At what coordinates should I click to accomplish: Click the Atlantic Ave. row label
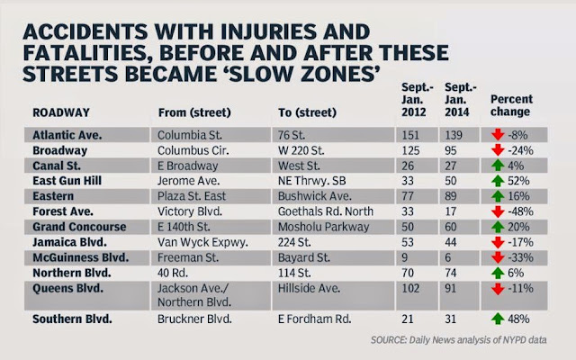click(67, 135)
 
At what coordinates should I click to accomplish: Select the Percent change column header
click(511, 105)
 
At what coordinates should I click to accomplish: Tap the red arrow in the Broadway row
click(498, 150)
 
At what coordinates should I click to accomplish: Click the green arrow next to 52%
click(498, 181)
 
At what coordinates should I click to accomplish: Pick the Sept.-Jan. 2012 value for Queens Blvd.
click(410, 288)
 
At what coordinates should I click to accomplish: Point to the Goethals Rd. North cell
click(326, 211)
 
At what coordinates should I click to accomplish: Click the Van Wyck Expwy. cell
click(202, 242)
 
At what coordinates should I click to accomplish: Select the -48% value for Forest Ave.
click(520, 211)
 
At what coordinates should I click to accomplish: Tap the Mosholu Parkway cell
click(323, 227)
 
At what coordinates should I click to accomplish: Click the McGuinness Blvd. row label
click(81, 257)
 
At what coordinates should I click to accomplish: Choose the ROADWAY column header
click(61, 112)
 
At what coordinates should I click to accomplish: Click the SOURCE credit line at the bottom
click(458, 340)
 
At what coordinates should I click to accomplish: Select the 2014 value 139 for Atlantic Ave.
click(454, 135)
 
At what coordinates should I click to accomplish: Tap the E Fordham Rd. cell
click(314, 319)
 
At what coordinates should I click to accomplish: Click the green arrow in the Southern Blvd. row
click(498, 319)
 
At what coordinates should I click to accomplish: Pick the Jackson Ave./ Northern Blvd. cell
click(194, 295)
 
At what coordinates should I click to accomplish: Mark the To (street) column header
click(307, 112)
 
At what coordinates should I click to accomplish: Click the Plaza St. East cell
click(192, 196)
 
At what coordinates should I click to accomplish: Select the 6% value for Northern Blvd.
click(516, 273)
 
